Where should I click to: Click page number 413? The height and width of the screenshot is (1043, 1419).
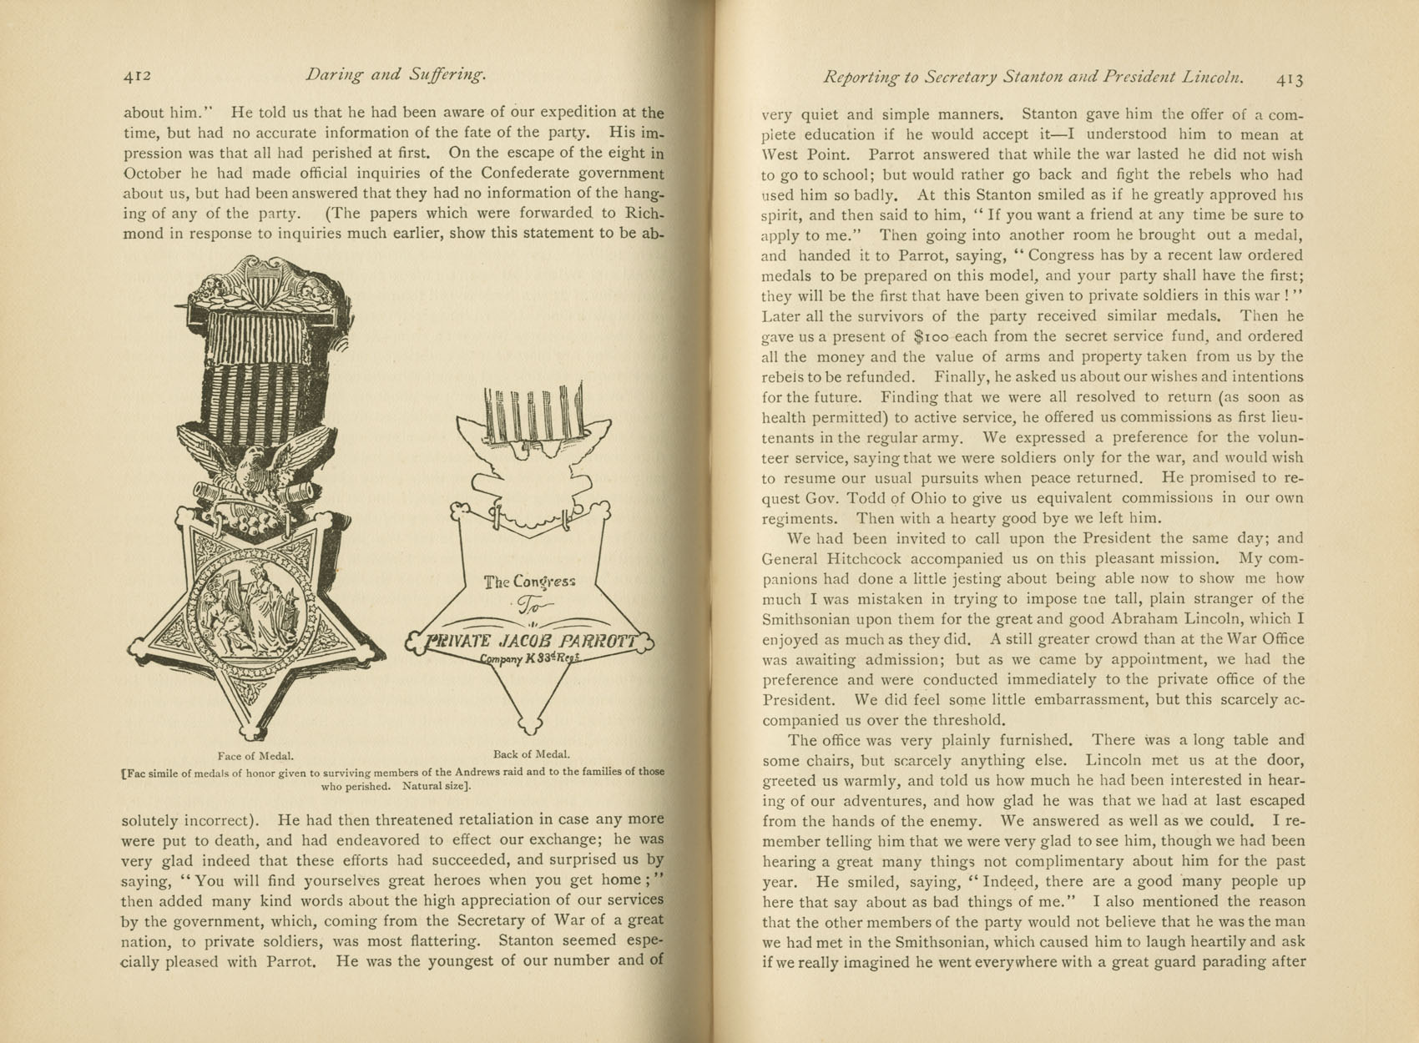pos(1289,79)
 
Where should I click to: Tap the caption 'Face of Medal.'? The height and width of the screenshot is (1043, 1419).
pos(255,756)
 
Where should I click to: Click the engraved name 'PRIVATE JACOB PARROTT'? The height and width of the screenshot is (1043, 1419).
pos(530,642)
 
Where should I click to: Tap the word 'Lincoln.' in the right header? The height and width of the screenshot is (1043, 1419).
pos(1213,78)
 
